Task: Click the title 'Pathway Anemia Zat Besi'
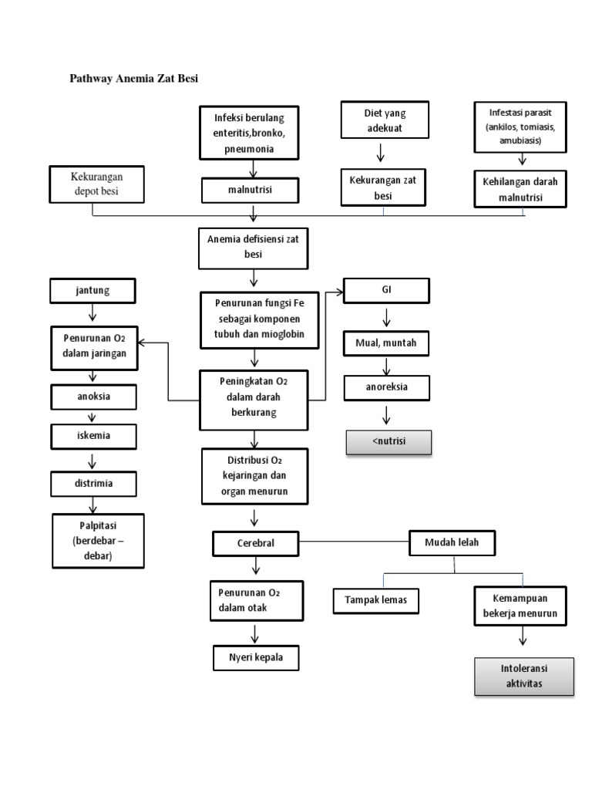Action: click(x=134, y=78)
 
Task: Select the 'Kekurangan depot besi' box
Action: click(x=96, y=184)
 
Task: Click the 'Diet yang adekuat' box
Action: click(x=384, y=120)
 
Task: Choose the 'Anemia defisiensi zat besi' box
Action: click(x=253, y=246)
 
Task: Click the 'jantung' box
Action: click(x=92, y=291)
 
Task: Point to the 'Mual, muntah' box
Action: click(x=385, y=343)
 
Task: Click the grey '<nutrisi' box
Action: click(x=388, y=443)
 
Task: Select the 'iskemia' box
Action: click(x=92, y=436)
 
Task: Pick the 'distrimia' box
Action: click(x=92, y=484)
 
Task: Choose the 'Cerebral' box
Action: click(x=255, y=543)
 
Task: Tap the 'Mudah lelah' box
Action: click(x=452, y=542)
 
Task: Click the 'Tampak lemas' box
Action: click(x=376, y=599)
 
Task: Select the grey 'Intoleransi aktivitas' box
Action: click(x=524, y=677)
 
